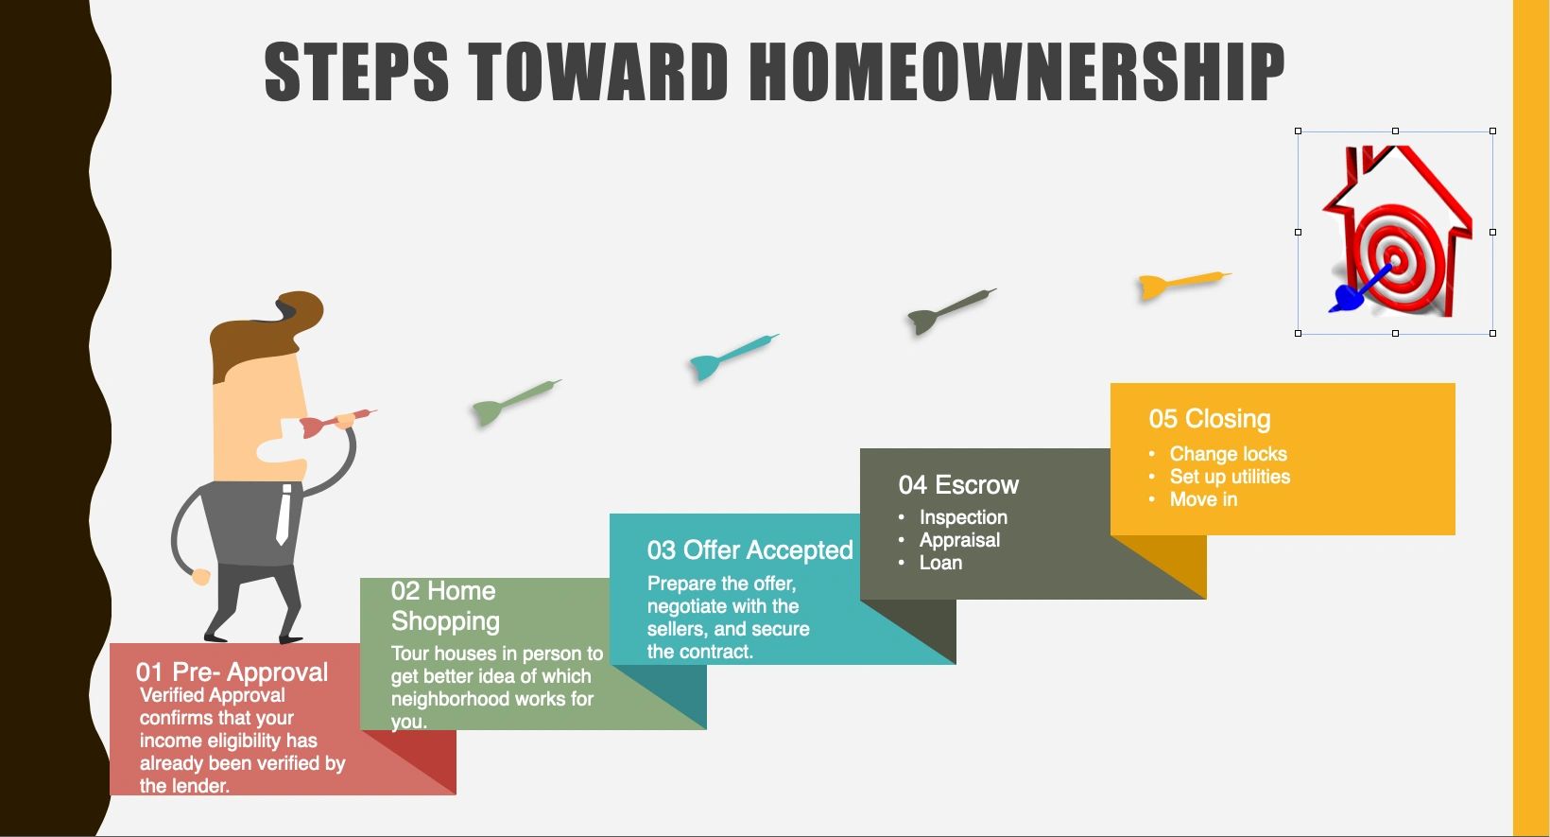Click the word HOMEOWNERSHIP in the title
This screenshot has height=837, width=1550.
tap(1017, 71)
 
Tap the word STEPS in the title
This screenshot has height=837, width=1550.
tap(356, 71)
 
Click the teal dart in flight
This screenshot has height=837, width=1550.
tap(733, 356)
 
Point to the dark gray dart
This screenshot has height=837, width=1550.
tap(952, 311)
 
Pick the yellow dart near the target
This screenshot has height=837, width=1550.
tap(1184, 285)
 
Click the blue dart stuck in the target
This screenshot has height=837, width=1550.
tap(1357, 290)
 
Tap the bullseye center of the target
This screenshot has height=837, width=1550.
tap(1395, 261)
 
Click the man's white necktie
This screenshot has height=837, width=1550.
tap(284, 514)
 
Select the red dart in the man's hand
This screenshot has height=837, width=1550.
tap(337, 422)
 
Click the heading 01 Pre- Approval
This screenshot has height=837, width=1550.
tap(232, 672)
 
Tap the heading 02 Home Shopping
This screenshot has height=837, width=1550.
tap(445, 606)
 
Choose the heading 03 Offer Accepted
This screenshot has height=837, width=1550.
tap(750, 550)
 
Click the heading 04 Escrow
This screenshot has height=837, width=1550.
tap(958, 485)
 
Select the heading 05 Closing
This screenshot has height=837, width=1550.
tap(1210, 420)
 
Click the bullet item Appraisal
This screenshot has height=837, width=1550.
tap(959, 540)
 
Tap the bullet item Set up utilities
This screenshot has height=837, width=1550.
tap(1230, 477)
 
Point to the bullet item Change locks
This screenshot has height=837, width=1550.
tap(1229, 453)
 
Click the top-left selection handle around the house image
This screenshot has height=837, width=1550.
tap(1299, 131)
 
